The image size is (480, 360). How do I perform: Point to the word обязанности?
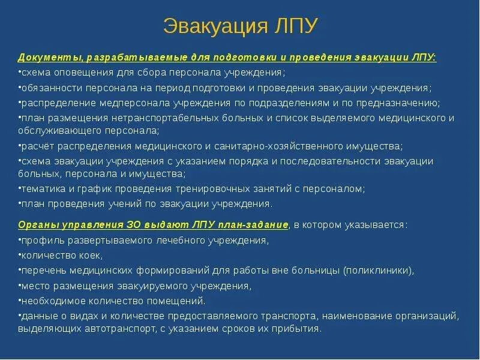click(49, 88)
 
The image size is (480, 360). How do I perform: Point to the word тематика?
click(40, 189)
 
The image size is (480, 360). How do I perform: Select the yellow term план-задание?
click(257, 225)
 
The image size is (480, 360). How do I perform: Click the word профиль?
click(40, 240)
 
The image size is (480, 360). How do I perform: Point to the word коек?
click(80, 255)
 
